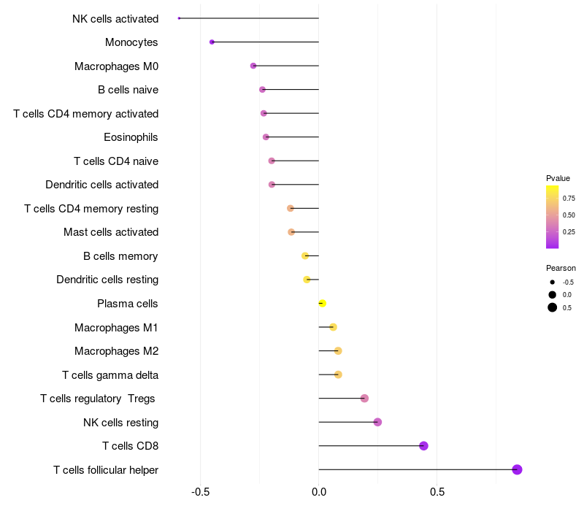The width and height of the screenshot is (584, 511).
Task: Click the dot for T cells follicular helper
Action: point(517,469)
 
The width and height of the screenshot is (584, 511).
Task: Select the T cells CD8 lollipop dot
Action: point(423,446)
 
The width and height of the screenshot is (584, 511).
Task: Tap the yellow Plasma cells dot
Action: point(323,304)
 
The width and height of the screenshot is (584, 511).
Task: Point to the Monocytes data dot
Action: point(212,42)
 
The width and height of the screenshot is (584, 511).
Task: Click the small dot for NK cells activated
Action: point(179,18)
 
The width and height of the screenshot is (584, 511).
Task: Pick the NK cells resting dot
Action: point(377,422)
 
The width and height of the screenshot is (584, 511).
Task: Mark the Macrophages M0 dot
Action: point(253,66)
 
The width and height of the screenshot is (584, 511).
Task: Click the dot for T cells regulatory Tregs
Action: point(364,399)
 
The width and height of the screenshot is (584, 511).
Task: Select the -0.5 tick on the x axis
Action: point(200,492)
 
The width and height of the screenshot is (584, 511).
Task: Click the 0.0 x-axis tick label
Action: point(319,492)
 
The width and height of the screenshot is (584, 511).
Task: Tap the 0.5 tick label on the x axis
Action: point(437,492)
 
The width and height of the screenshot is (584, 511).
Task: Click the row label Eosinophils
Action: point(131,137)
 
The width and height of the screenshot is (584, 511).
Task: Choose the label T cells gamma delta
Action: point(110,375)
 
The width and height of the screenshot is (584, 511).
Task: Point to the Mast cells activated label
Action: point(111,232)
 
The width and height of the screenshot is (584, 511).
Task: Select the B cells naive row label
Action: point(128,90)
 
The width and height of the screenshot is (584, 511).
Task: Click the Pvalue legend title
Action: point(558,178)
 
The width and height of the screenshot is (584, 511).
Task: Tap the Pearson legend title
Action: point(561,268)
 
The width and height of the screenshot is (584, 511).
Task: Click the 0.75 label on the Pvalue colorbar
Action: point(569,199)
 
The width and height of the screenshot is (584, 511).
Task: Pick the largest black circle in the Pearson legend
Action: point(553,307)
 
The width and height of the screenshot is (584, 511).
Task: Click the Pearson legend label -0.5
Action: point(569,283)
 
